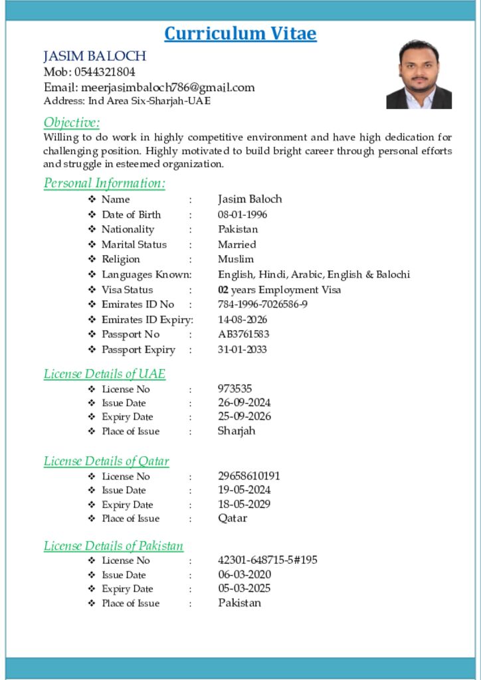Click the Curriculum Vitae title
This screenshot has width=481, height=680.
[x=240, y=33]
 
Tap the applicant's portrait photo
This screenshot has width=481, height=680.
[x=419, y=74]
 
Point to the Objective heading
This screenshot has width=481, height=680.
[x=72, y=122]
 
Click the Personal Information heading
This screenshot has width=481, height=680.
[x=104, y=183]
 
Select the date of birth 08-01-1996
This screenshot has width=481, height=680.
[x=242, y=214]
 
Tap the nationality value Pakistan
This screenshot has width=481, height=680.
[x=238, y=229]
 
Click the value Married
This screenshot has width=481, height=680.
[x=237, y=244]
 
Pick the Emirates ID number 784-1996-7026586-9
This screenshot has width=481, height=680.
[x=262, y=304]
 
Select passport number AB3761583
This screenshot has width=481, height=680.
[x=244, y=334]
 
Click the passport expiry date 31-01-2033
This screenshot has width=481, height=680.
[x=242, y=349]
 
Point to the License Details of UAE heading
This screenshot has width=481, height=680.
[x=104, y=373]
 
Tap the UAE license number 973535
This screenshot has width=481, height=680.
[x=235, y=388]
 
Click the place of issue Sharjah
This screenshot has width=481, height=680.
[x=237, y=430]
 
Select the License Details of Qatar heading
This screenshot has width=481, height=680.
[x=106, y=461]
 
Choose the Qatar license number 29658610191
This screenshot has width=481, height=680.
[x=249, y=476]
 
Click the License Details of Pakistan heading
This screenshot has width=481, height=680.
[x=114, y=546]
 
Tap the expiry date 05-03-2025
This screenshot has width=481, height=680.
[x=244, y=588]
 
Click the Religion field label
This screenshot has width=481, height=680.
[x=120, y=259]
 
